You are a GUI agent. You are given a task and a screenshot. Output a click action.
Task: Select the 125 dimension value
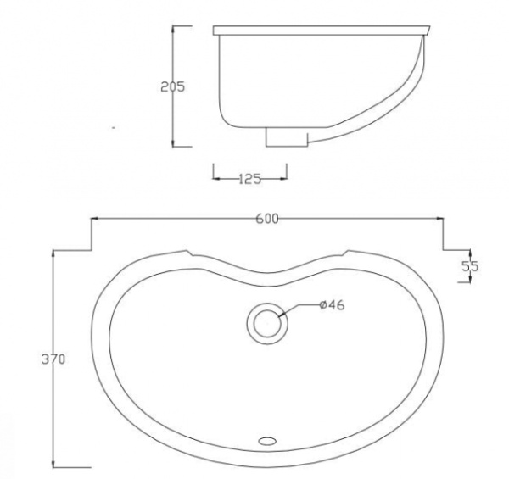click(x=249, y=178)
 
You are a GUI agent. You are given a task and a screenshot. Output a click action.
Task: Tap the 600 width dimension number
click(x=267, y=219)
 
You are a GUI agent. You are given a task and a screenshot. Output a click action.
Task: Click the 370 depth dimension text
click(x=53, y=359)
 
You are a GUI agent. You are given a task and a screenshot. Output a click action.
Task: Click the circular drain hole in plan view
click(x=268, y=323)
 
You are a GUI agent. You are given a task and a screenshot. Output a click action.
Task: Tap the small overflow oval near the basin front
click(x=268, y=440)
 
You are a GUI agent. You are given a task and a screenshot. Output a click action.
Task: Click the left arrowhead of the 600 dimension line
click(x=94, y=219)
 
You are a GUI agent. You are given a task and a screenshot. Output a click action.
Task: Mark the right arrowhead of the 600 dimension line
click(x=440, y=219)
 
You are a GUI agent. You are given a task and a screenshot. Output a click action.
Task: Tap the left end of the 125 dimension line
click(x=213, y=178)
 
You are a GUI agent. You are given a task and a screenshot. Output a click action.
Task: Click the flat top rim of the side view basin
click(x=318, y=31)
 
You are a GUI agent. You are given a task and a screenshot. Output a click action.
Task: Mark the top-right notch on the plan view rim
click(x=345, y=253)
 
